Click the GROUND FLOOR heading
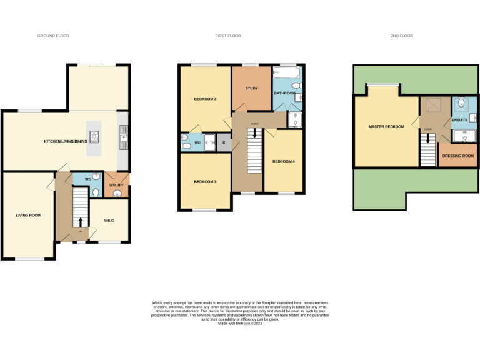53,36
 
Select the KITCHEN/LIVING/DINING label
66,141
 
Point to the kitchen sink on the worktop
123,132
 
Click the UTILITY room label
117,185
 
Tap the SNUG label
109,221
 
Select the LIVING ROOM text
28,216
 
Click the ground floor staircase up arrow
80,221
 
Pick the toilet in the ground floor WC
94,193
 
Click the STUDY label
252,88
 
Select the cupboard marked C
224,143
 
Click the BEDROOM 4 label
284,162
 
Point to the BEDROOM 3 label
205,181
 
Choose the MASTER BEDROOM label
386,127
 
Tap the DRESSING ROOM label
458,156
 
